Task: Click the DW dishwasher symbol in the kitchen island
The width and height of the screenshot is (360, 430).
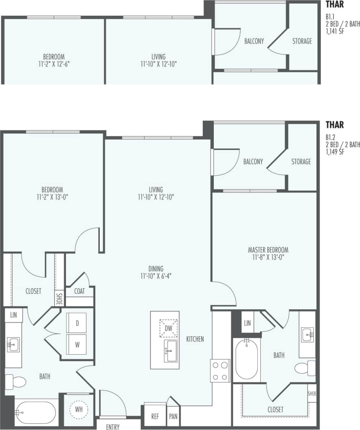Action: [x=169, y=328]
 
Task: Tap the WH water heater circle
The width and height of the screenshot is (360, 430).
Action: [x=79, y=409]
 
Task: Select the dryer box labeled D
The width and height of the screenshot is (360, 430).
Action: [x=77, y=323]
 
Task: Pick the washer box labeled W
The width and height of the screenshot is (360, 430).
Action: [x=77, y=344]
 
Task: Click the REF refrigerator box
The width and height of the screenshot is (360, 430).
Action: [x=155, y=416]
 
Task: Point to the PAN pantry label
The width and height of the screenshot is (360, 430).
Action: [x=173, y=417]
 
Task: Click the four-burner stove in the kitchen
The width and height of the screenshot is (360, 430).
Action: [x=220, y=370]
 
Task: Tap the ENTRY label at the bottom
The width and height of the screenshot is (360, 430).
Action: [x=113, y=427]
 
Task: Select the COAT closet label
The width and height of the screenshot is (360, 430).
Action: [x=80, y=291]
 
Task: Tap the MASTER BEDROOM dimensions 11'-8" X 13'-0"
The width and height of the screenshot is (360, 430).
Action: [x=268, y=257]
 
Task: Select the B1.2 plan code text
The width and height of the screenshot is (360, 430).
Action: [x=330, y=137]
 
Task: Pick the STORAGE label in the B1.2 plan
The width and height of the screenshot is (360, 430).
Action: [x=301, y=162]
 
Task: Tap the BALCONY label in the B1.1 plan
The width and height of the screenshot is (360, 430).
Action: [x=254, y=41]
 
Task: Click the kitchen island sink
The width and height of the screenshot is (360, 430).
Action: [x=171, y=351]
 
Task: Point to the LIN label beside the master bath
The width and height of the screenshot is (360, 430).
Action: [x=247, y=323]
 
